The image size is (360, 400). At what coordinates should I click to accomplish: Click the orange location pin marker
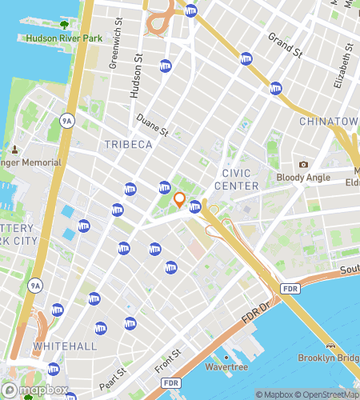[179, 200]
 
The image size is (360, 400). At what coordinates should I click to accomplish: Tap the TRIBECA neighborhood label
[128, 144]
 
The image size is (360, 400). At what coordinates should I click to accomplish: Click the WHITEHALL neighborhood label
[65, 346]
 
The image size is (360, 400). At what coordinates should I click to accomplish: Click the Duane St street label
[152, 125]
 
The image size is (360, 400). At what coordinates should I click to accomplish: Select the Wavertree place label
[226, 369]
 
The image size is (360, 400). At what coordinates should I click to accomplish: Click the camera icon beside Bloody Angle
[304, 165]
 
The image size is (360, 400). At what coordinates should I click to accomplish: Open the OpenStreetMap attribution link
[329, 394]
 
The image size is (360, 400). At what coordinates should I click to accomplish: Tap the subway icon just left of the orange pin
[164, 187]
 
